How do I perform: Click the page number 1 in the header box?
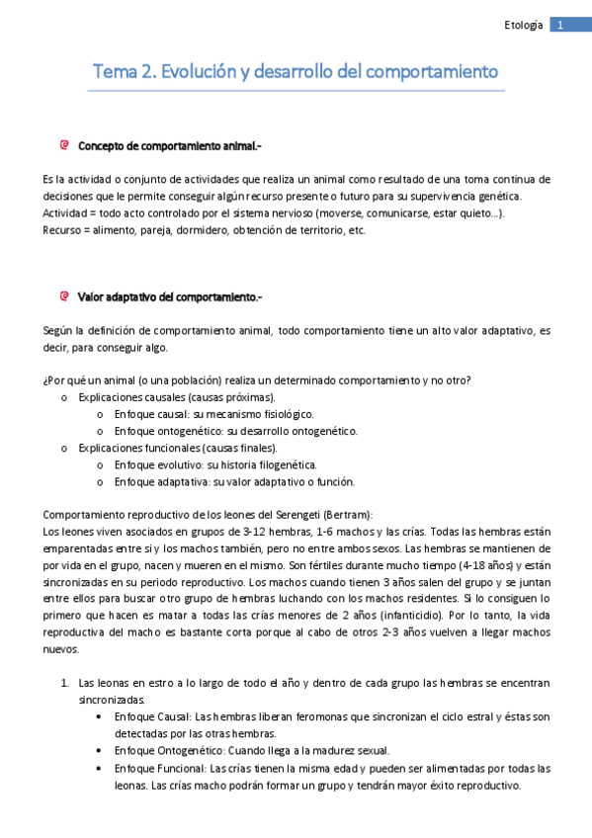point(559,25)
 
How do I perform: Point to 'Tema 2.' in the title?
point(123,72)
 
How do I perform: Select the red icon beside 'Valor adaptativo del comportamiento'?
point(64,295)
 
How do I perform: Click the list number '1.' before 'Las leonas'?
point(64,683)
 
